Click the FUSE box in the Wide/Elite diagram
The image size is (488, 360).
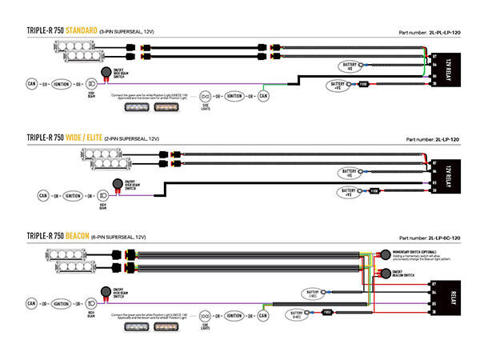pos(374,190)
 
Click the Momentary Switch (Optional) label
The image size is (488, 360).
pos(414,251)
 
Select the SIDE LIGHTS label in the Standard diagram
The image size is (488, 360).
pos(205,105)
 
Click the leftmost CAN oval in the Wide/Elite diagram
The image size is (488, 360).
pos(44,194)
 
